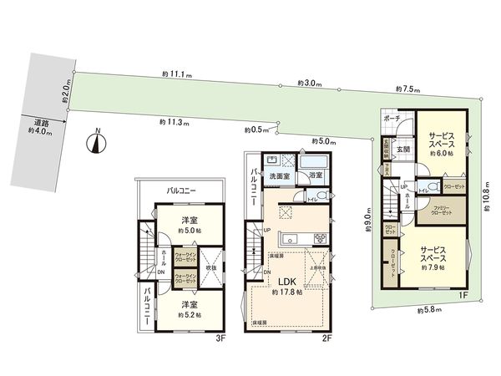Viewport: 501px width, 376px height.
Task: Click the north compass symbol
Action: click(x=98, y=142)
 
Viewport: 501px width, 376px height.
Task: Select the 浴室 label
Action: click(x=316, y=176)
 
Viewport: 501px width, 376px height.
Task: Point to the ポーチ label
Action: click(x=392, y=119)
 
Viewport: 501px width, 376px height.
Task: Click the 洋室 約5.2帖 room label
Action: click(x=189, y=308)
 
